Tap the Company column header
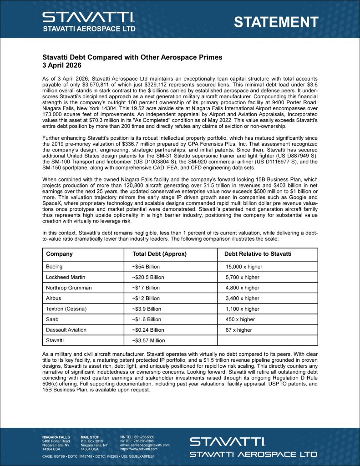click(x=59, y=254)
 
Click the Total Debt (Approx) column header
click(x=159, y=254)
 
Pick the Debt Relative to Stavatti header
click(x=259, y=254)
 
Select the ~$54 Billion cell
click(x=146, y=267)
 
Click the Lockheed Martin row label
click(x=66, y=277)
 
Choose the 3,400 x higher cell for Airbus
click(x=243, y=299)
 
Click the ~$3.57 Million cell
click(x=148, y=340)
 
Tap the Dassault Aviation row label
click(x=66, y=330)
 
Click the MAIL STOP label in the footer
click(x=89, y=437)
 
